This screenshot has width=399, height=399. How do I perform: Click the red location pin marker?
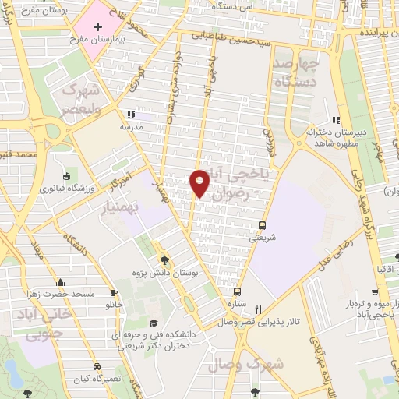(x=199, y=182)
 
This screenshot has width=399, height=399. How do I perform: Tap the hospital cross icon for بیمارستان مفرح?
(x=97, y=27)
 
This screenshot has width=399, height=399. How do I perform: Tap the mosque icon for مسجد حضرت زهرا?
(x=60, y=282)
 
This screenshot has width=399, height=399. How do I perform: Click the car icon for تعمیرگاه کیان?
(x=96, y=365)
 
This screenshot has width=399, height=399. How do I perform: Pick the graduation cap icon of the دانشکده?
(x=154, y=323)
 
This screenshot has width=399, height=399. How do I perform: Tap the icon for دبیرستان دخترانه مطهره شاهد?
(x=335, y=120)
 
